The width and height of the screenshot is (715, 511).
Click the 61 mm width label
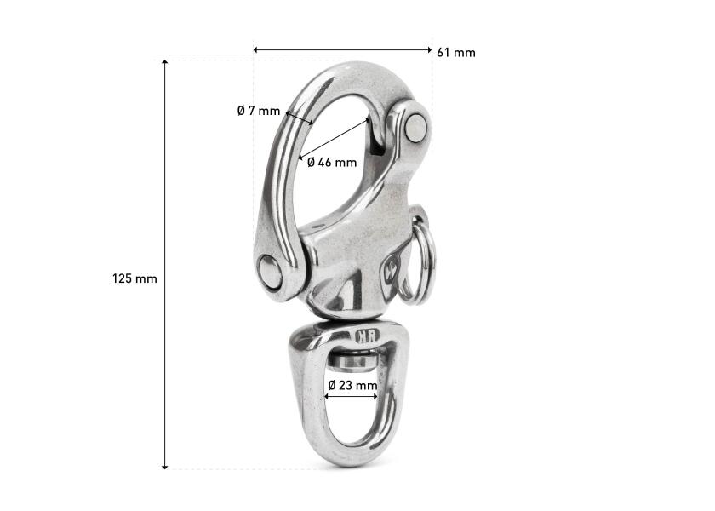click(x=455, y=53)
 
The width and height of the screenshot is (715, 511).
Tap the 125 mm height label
click(x=134, y=278)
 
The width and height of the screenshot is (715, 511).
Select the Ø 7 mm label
click(x=258, y=111)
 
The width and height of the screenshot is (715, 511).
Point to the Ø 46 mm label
click(x=332, y=162)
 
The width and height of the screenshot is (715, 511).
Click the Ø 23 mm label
click(x=352, y=386)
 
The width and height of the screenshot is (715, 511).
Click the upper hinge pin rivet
click(x=416, y=126)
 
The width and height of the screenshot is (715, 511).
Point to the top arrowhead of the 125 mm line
click(x=164, y=63)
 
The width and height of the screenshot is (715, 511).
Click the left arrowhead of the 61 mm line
click(x=256, y=50)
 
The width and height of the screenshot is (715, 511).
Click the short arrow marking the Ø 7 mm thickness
click(x=300, y=118)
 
